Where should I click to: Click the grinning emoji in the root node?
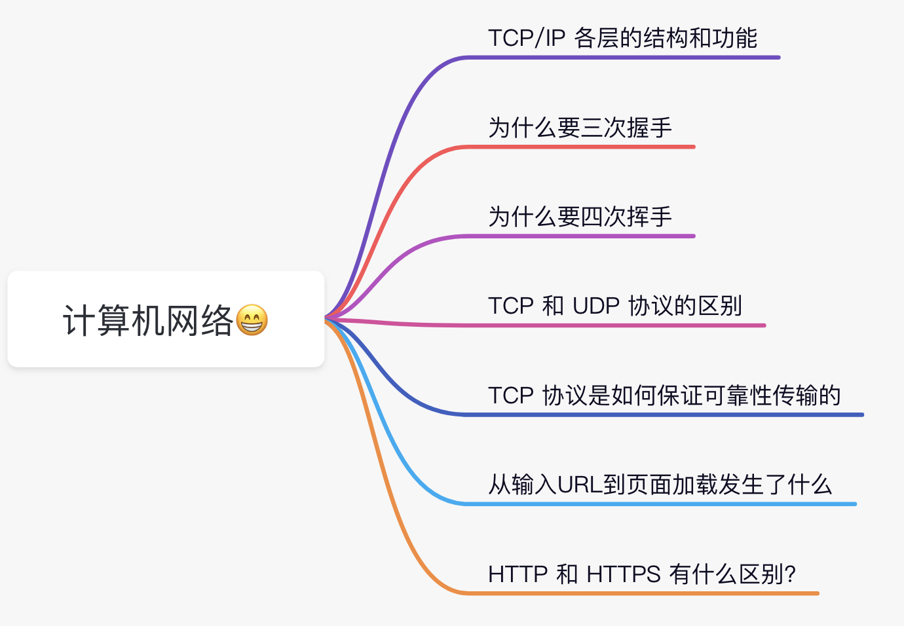coord(252,320)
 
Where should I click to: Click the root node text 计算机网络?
coord(148,320)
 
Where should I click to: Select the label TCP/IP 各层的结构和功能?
coord(622,38)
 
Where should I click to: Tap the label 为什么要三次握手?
coord(580,128)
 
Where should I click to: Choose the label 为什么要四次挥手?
coord(580,217)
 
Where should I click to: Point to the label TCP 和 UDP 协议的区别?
coord(615,306)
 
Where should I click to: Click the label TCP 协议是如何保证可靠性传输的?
coord(664,395)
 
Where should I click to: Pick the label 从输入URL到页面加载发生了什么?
coord(660,484)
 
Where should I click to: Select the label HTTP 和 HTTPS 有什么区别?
coord(642,574)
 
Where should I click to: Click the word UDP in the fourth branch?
coord(596,306)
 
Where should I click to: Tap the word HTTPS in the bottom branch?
coord(624,574)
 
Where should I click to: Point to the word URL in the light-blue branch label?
coord(580,485)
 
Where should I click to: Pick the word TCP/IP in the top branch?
coord(526,38)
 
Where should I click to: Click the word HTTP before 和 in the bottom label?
coord(518,574)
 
